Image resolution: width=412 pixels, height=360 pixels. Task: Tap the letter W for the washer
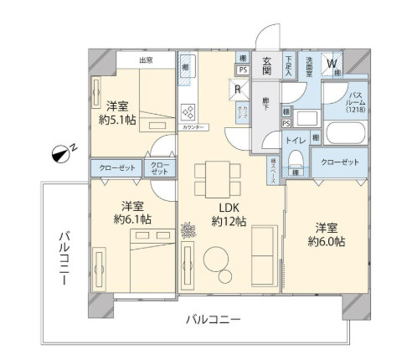click(332, 63)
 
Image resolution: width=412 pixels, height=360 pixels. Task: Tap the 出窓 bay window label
click(146, 60)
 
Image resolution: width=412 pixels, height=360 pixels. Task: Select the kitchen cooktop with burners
click(189, 112)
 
